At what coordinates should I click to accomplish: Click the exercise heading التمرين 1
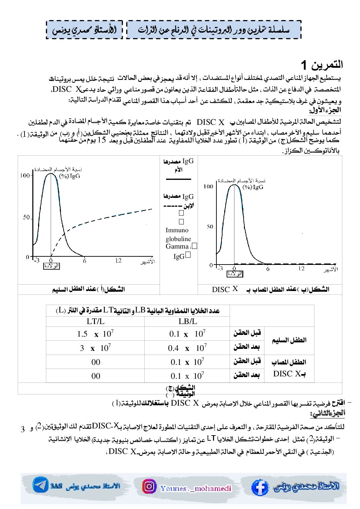322,65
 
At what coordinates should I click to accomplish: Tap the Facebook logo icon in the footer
260,487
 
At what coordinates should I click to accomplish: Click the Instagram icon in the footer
149,486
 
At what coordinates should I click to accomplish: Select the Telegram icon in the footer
40,485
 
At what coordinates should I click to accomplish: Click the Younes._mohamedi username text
196,489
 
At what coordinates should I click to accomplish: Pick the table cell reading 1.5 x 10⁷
95,334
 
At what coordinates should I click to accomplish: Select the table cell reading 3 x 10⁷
95,348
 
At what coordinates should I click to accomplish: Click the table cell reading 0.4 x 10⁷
187,348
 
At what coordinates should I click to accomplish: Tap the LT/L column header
95,321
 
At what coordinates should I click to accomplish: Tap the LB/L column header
187,321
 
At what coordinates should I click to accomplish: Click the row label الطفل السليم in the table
289,340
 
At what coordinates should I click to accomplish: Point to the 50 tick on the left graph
27,217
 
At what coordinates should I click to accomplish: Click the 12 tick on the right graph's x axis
301,269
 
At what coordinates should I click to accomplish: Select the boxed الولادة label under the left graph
51,266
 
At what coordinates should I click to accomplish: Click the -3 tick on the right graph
220,269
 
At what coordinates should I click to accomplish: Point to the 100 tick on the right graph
208,186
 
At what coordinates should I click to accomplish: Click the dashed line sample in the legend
174,206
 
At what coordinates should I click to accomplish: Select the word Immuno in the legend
177,230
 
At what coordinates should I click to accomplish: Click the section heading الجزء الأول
325,110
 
